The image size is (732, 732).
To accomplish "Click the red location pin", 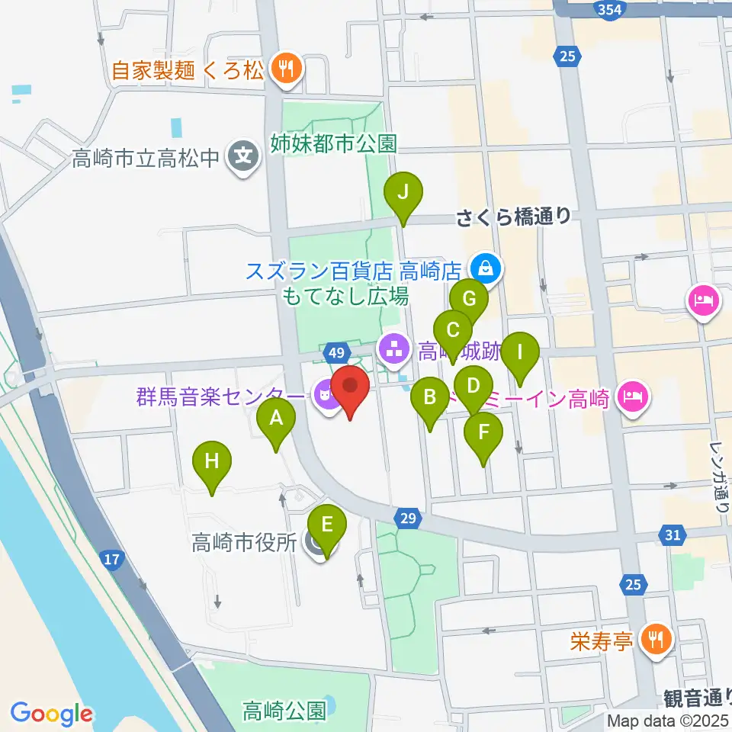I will point(351,389).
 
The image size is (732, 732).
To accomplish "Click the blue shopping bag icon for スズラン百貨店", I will point(483,269).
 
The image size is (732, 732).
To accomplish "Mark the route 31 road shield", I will point(672,535).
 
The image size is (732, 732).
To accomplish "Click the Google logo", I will point(51,713).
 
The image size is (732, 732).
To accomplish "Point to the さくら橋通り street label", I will point(512,217).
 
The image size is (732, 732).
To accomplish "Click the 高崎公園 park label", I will point(284,711).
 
